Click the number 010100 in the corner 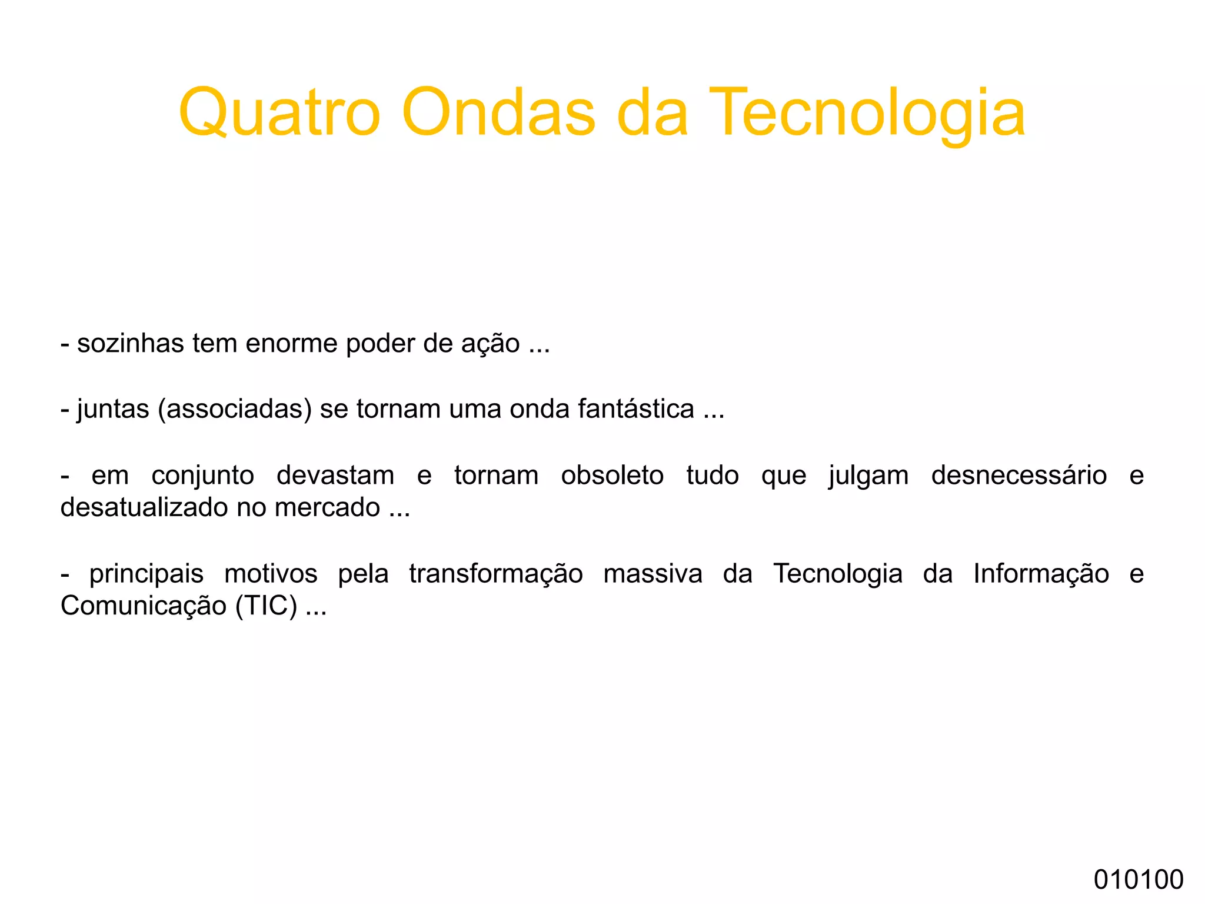(1138, 879)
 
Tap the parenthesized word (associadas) (234, 408)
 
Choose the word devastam (335, 475)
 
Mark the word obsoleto (612, 475)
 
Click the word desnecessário (1018, 475)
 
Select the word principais (146, 574)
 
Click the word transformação (495, 574)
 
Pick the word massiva (653, 574)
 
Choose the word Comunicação (144, 606)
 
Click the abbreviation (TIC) (267, 606)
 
